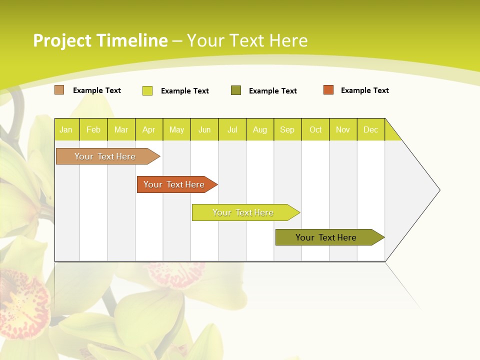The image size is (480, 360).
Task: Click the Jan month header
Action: point(66,129)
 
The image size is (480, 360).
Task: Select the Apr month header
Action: point(148,129)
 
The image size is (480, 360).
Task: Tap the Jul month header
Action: point(232,129)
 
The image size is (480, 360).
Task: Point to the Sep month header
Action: point(287,129)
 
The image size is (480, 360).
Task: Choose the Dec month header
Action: point(370,129)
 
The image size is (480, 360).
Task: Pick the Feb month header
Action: point(93,129)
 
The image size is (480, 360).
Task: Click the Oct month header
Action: point(315,129)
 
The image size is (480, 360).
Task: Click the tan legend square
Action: point(59,90)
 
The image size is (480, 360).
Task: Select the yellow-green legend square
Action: point(147,90)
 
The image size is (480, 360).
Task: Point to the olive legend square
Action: point(236,90)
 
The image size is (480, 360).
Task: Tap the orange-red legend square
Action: point(328,90)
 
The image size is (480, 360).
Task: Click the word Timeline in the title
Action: point(132,40)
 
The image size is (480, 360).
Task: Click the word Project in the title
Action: point(62,40)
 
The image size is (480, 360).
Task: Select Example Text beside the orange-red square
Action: point(364,90)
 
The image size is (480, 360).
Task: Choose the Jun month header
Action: point(204,129)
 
